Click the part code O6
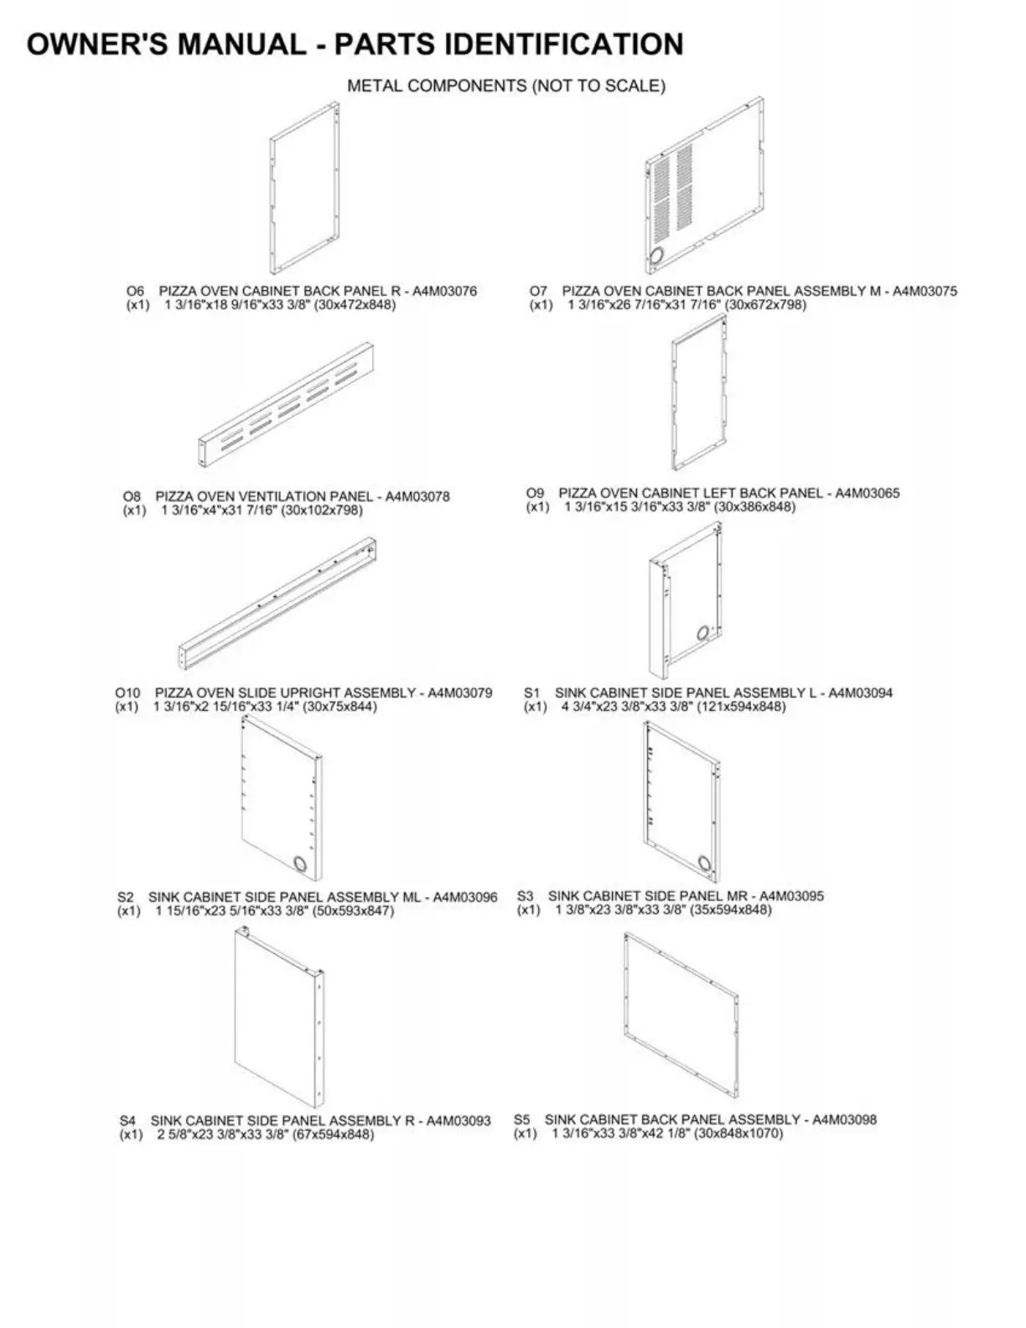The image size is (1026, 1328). pyautogui.click(x=134, y=291)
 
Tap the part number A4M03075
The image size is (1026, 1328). pyautogui.click(x=925, y=291)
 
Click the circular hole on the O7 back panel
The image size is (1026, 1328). pyautogui.click(x=657, y=255)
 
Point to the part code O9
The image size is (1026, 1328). pyautogui.click(x=535, y=493)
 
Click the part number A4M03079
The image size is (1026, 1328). pyautogui.click(x=460, y=693)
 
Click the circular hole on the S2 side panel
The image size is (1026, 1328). pyautogui.click(x=299, y=863)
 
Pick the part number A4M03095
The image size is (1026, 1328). pyautogui.click(x=791, y=896)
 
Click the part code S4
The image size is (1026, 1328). pyautogui.click(x=127, y=1121)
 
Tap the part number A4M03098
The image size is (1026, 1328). pyautogui.click(x=844, y=1120)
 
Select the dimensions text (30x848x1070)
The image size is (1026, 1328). pyautogui.click(x=738, y=1133)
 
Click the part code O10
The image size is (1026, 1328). pyautogui.click(x=127, y=693)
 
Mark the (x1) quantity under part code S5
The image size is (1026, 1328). pyautogui.click(x=525, y=1133)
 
